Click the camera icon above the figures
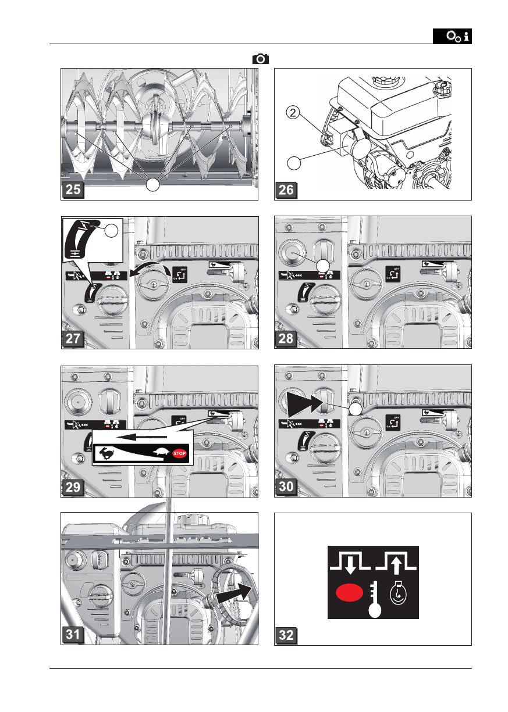click(x=261, y=58)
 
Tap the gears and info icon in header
click(x=452, y=37)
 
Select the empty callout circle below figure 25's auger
click(x=152, y=185)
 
